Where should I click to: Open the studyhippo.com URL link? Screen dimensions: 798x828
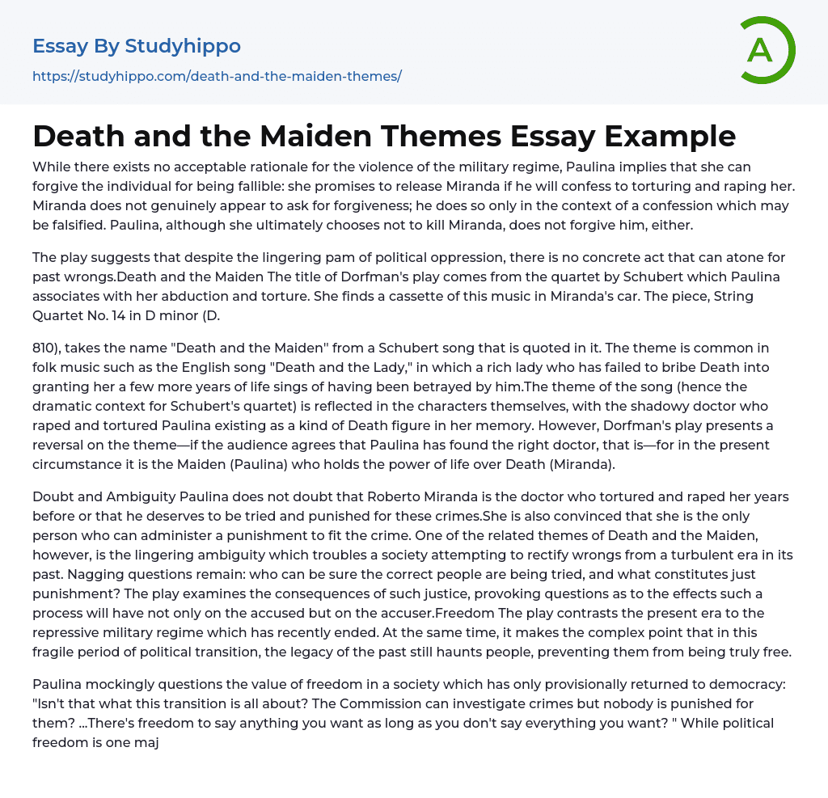pos(217,76)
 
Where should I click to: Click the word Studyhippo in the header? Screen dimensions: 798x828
pos(183,46)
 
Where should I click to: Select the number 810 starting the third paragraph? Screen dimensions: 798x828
pos(45,348)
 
